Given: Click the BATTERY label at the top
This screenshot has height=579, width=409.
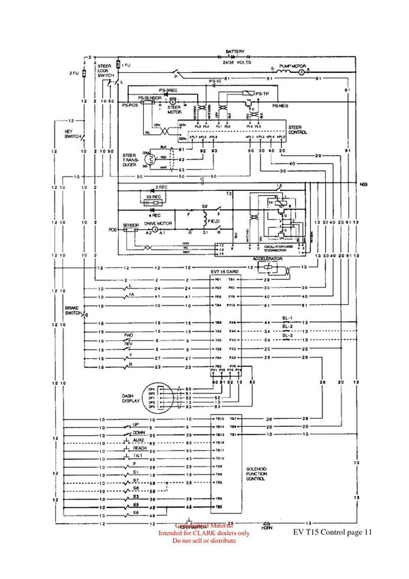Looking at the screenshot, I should (235, 51).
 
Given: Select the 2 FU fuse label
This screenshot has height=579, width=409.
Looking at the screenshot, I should (74, 72).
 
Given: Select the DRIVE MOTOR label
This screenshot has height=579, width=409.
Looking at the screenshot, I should (158, 223).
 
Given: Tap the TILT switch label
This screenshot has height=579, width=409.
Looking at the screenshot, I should (139, 456).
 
